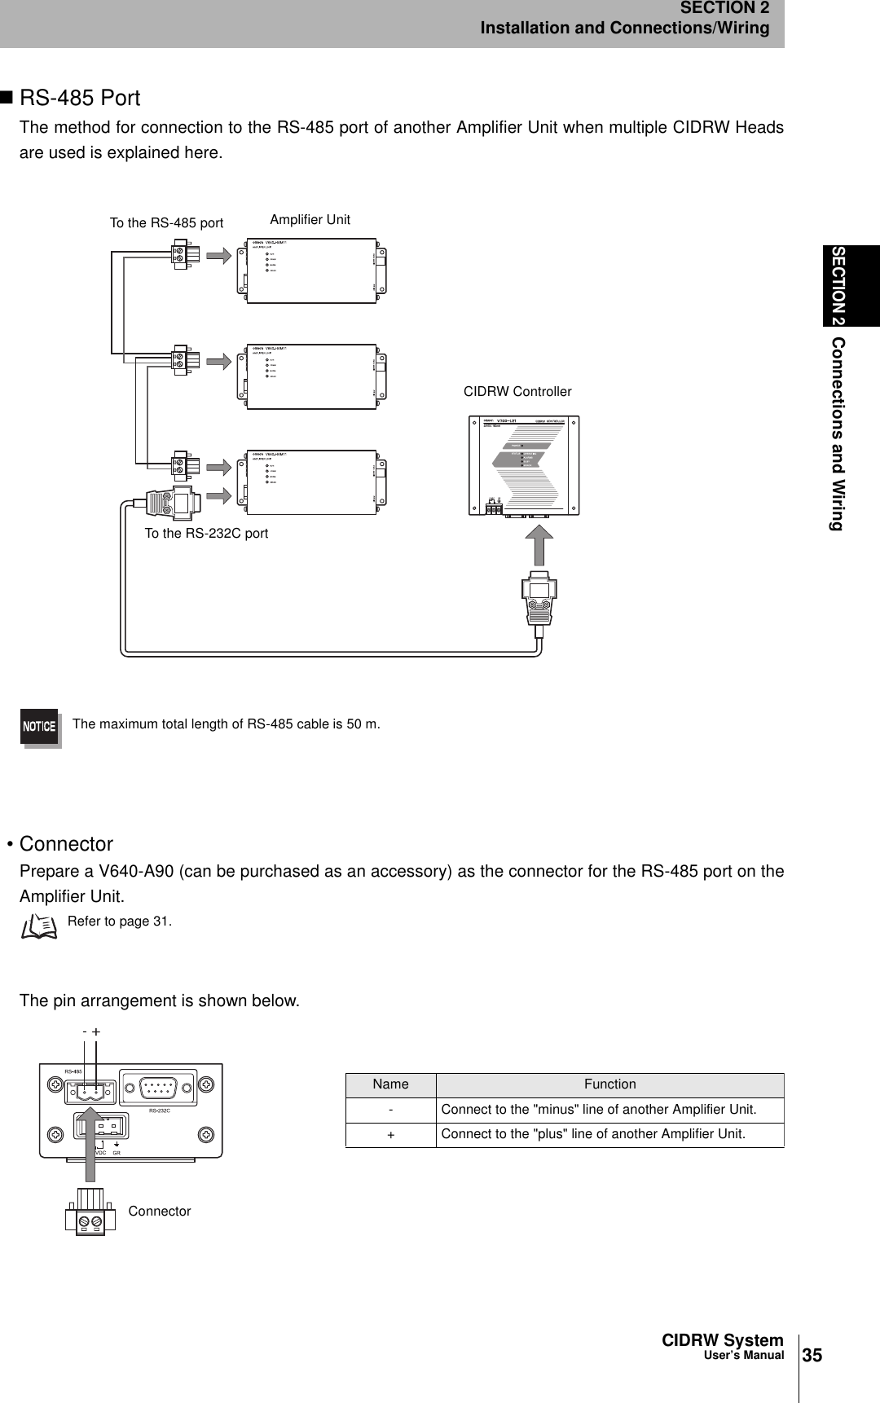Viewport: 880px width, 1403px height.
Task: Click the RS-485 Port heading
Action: [80, 99]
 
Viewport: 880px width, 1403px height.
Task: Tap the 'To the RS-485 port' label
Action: [166, 222]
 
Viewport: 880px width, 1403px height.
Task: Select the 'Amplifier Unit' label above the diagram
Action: [310, 219]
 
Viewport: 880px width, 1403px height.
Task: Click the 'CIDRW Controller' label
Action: [517, 392]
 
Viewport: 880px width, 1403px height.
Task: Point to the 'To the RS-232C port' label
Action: [206, 534]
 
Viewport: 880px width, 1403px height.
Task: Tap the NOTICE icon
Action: [39, 726]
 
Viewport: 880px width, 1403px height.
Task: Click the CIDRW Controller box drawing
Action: [525, 465]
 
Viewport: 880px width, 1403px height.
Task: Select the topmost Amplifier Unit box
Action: [312, 270]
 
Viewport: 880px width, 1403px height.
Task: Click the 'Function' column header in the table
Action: [609, 1084]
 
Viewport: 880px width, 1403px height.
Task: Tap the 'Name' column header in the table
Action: [390, 1084]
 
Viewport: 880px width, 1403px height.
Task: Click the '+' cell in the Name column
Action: [390, 1135]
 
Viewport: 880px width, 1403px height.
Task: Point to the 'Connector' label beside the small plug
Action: [160, 1212]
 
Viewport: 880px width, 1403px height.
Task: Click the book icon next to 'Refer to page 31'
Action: [40, 926]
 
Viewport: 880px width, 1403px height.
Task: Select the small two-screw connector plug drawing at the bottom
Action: [90, 1213]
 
